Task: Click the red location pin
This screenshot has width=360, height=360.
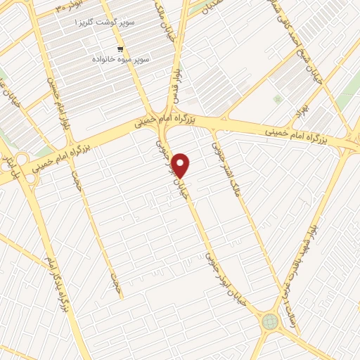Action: tap(181, 165)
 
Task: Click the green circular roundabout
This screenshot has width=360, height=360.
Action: tap(270, 322)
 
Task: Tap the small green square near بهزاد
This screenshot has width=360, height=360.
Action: tap(278, 99)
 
